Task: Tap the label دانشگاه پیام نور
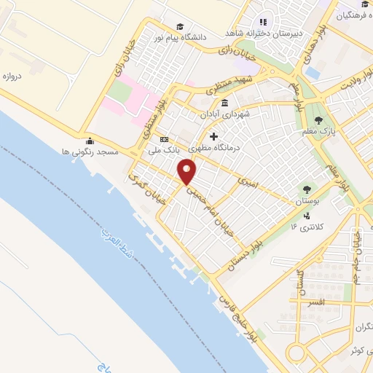199,34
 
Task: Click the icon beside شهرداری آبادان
224,102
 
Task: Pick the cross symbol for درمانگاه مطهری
213,136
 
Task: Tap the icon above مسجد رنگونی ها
90,141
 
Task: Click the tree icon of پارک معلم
318,119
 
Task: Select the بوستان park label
304,199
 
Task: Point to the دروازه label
16,75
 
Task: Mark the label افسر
316,301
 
